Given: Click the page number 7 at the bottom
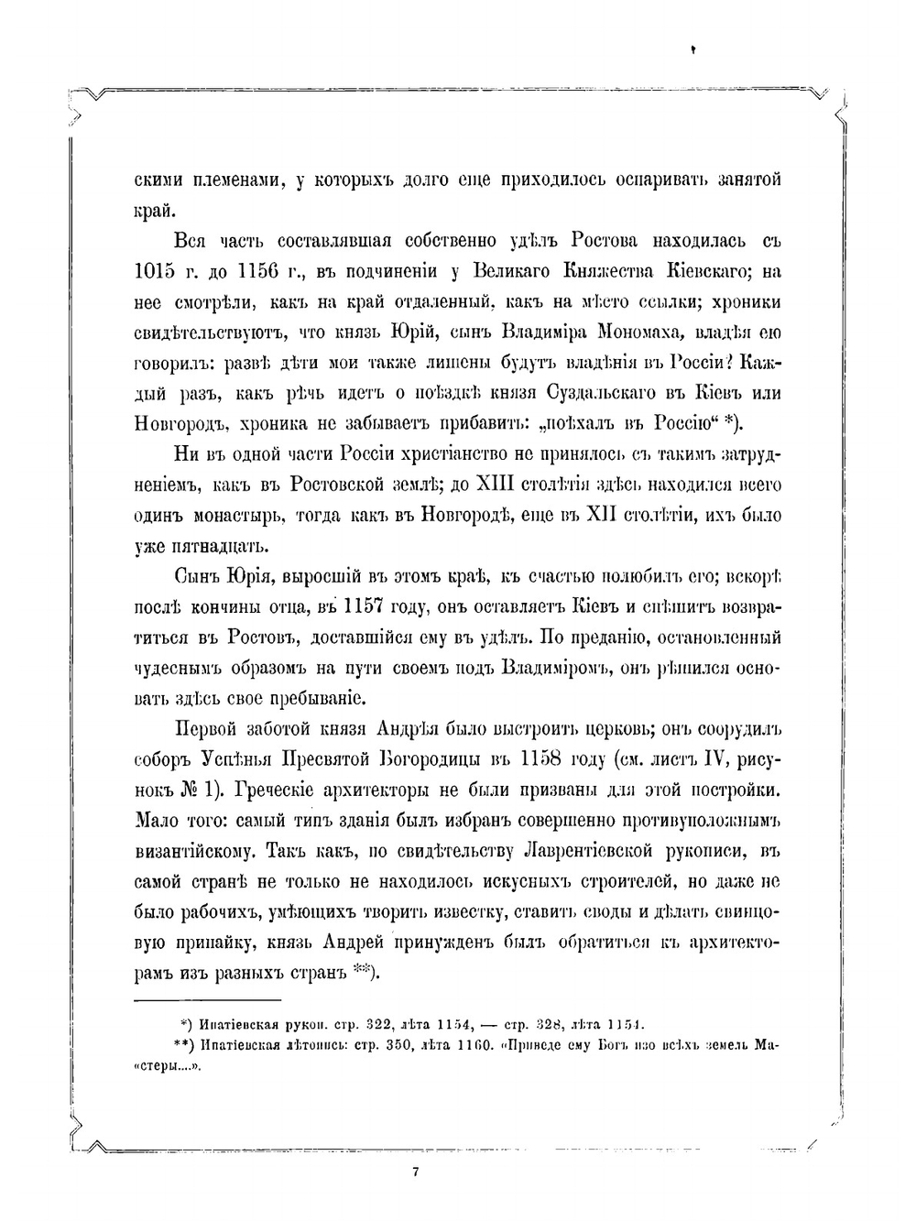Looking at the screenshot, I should (416, 1172).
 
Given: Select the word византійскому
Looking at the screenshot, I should (192, 851).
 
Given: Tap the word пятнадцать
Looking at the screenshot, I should (199, 547).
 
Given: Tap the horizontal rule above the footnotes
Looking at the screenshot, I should (207, 1001).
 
